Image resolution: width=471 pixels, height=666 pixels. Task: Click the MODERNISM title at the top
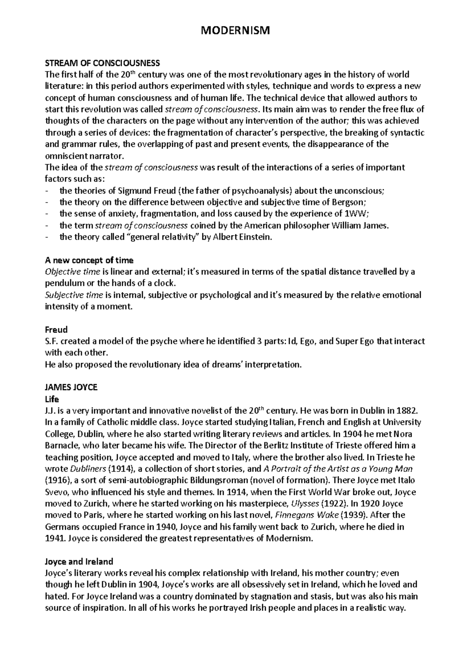[235, 30]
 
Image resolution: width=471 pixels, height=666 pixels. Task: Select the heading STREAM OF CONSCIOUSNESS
[102, 63]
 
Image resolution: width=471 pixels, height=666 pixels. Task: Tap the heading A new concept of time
[89, 260]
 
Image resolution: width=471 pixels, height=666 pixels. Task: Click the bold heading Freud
[56, 329]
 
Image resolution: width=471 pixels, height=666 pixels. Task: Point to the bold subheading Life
[52, 399]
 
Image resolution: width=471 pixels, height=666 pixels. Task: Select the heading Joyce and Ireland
[79, 561]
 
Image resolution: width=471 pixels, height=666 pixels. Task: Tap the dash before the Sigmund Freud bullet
[47, 191]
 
